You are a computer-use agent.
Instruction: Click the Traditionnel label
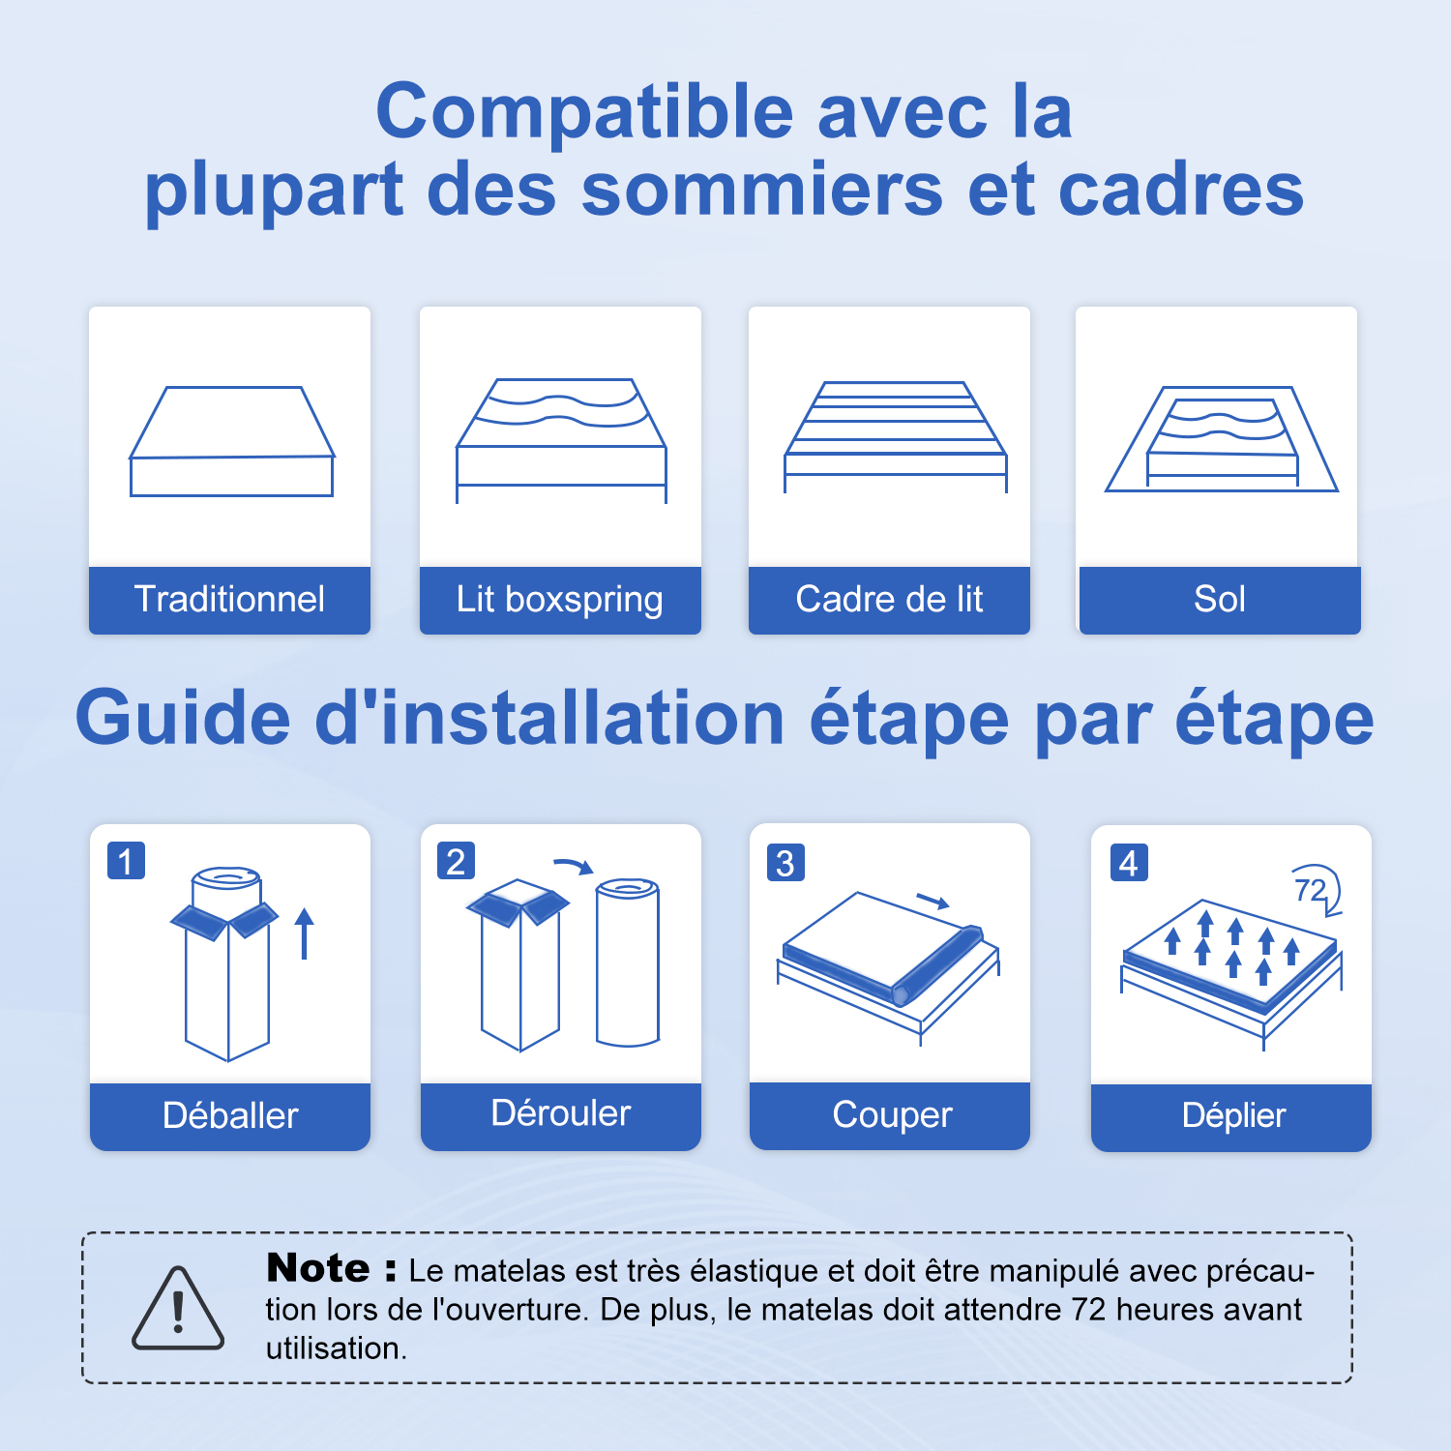pyautogui.click(x=229, y=600)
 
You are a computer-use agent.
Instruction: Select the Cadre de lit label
pyautogui.click(x=889, y=600)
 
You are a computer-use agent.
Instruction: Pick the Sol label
pyautogui.click(x=1220, y=600)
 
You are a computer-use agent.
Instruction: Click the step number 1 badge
pyautogui.click(x=126, y=861)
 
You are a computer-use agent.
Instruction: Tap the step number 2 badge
pyautogui.click(x=457, y=861)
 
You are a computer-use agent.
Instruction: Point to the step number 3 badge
pyautogui.click(x=785, y=863)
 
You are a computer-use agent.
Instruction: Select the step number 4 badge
pyautogui.click(x=1129, y=863)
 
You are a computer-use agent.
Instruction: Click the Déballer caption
pyautogui.click(x=230, y=1116)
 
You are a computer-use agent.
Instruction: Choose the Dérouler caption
pyautogui.click(x=561, y=1113)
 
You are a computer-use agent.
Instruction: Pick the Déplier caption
pyautogui.click(x=1233, y=1116)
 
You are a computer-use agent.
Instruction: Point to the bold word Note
pyautogui.click(x=318, y=1268)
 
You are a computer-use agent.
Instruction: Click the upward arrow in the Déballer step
pyautogui.click(x=305, y=933)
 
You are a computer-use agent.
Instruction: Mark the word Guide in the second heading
pyautogui.click(x=183, y=719)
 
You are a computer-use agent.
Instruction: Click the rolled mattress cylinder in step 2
pyautogui.click(x=628, y=962)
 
